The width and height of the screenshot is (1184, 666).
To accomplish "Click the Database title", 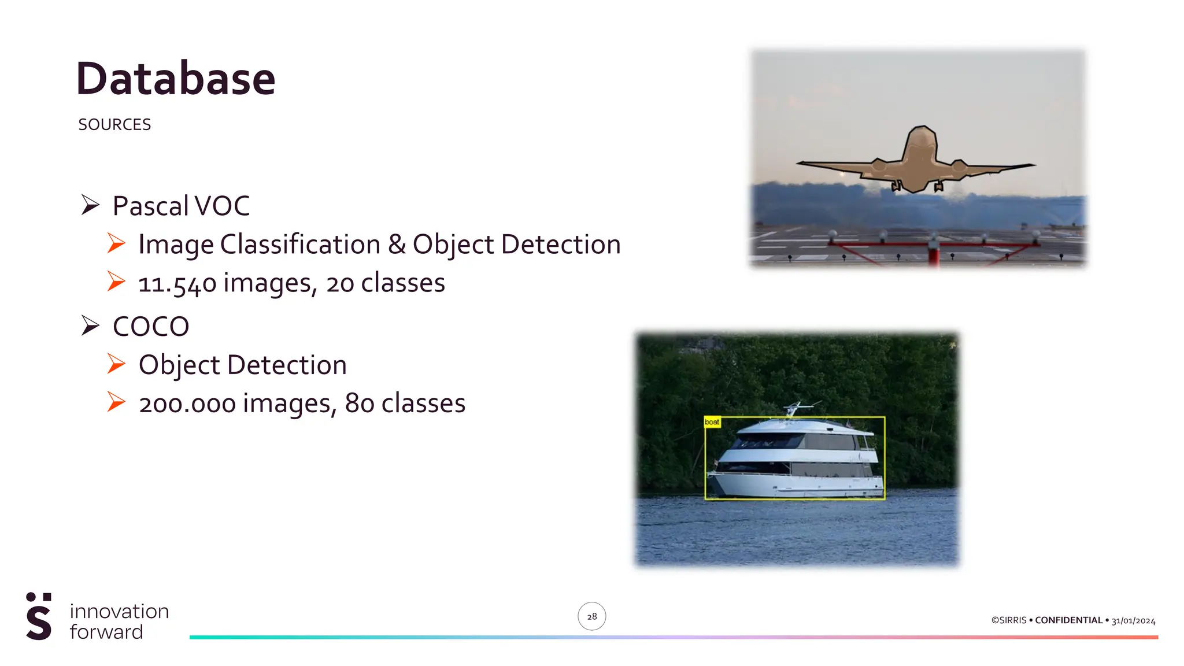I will tap(175, 79).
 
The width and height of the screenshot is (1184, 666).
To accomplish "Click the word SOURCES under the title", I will tap(114, 124).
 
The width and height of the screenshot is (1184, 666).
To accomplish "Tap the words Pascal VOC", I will tap(181, 206).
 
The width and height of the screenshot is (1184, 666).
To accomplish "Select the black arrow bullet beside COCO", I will tap(90, 325).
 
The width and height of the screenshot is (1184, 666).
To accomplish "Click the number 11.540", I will tap(177, 283).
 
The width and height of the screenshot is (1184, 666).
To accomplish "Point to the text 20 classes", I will tap(385, 283).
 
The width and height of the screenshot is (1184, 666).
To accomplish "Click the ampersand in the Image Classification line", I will tap(397, 244).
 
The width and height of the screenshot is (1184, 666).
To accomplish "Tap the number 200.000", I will tap(187, 404).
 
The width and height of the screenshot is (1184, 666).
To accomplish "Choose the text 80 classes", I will tap(405, 404).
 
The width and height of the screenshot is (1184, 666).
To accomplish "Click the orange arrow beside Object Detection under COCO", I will tap(116, 364).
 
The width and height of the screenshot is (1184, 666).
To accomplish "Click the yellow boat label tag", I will tap(712, 422).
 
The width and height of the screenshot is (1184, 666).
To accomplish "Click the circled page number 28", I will tap(591, 616).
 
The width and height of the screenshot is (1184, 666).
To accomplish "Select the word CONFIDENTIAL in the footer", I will tap(1068, 620).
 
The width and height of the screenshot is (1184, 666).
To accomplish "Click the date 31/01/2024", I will tap(1133, 620).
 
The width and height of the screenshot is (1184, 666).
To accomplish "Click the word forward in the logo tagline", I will tap(106, 632).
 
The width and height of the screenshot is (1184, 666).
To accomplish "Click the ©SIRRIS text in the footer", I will tap(1009, 620).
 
